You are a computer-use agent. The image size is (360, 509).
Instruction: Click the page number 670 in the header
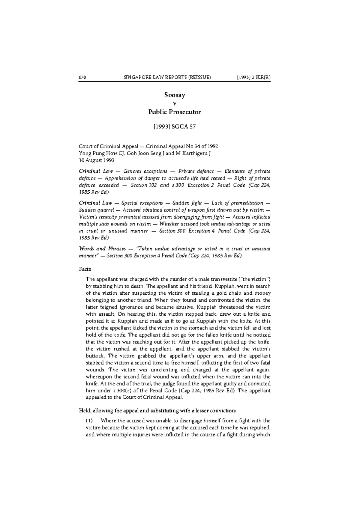[82, 77]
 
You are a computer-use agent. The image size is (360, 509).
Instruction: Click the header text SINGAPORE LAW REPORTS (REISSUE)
[167, 77]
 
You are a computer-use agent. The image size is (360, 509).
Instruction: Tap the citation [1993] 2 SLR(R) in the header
[253, 77]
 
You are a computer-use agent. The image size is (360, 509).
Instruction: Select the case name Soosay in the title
[175, 95]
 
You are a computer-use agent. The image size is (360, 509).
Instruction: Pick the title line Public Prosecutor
[175, 112]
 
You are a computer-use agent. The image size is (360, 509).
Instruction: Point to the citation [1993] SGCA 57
[175, 127]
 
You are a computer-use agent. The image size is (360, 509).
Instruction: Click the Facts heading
[85, 269]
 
